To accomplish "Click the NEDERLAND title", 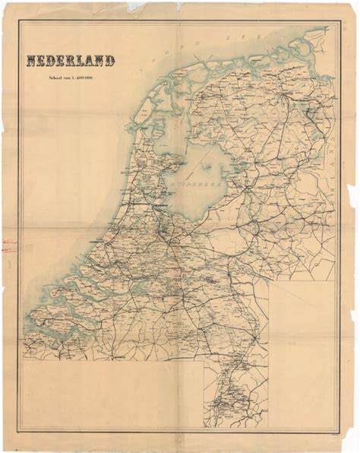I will (71, 61).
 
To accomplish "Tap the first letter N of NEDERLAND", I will (31, 61).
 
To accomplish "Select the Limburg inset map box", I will (235, 391).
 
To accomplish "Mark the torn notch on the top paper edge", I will (137, 6).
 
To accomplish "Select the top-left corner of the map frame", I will (18, 21).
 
